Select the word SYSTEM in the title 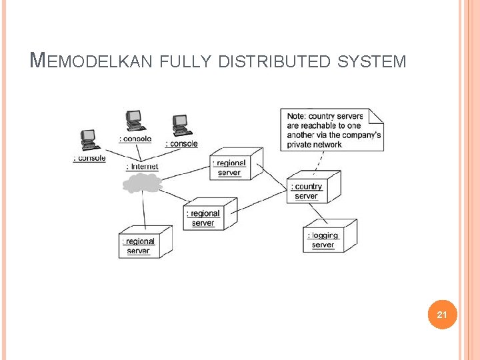coord(372,62)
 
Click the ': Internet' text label coord(142,167)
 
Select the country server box coord(313,189)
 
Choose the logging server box coord(329,237)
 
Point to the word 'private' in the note coord(301,145)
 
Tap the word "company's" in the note coord(359,135)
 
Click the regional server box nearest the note coord(235,165)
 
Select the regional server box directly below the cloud coord(145,243)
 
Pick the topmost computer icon coord(135,121)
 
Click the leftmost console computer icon coord(89,139)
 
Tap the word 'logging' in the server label coord(324,235)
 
